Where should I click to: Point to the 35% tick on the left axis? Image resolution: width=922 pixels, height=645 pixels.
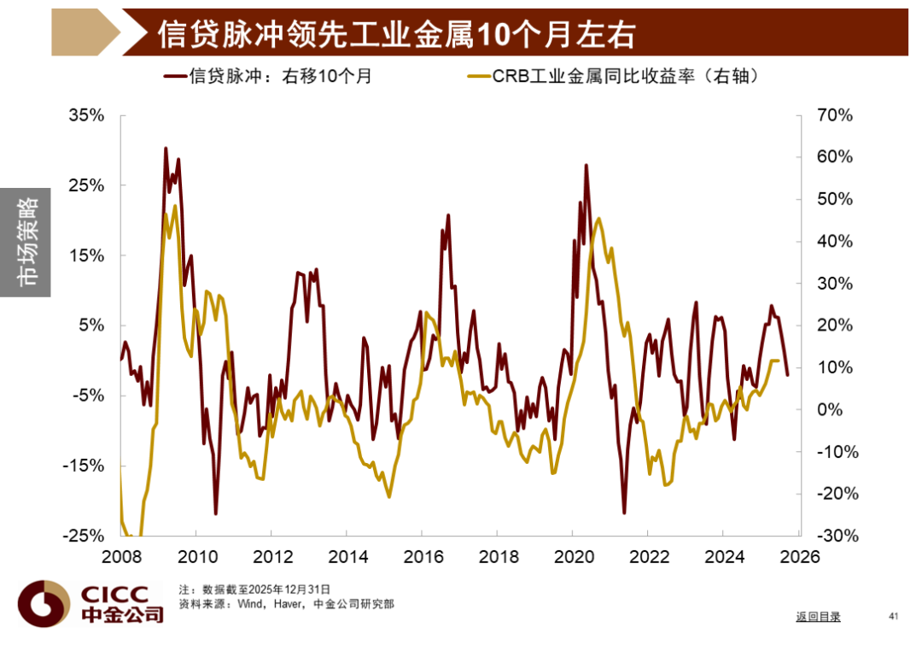pyautogui.click(x=85, y=115)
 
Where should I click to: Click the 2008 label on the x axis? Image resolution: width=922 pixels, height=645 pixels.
pyautogui.click(x=120, y=555)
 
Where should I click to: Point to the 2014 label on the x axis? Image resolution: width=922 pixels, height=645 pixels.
pyautogui.click(x=346, y=555)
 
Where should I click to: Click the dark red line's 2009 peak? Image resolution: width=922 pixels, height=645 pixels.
pyautogui.click(x=165, y=149)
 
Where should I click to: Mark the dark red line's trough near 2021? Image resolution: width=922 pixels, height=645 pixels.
pyautogui.click(x=624, y=513)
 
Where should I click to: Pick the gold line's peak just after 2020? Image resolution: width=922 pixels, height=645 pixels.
pyautogui.click(x=598, y=219)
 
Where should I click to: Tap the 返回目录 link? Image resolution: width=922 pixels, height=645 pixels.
pyautogui.click(x=818, y=617)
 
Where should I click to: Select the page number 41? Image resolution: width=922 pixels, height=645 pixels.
pyautogui.click(x=895, y=616)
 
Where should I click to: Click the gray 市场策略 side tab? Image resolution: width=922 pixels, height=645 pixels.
pyautogui.click(x=26, y=243)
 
